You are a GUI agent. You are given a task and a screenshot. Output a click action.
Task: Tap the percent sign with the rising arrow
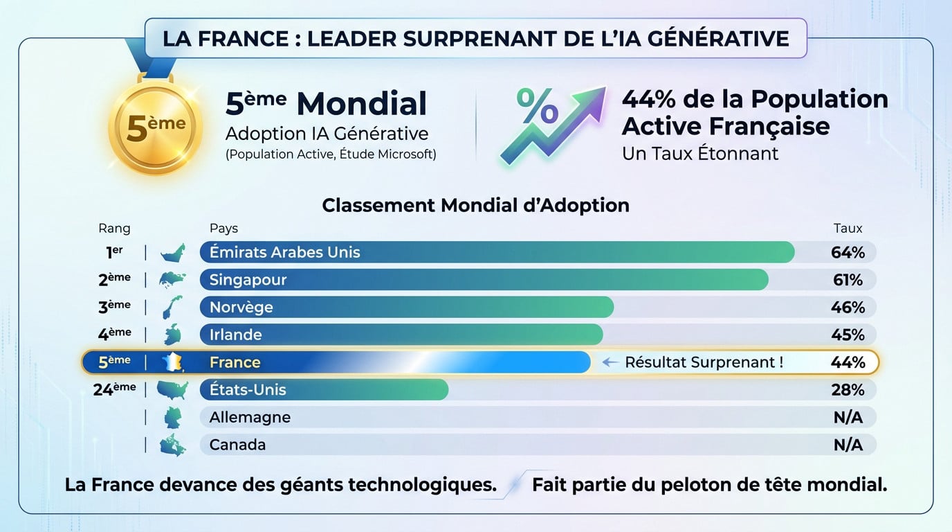(550, 123)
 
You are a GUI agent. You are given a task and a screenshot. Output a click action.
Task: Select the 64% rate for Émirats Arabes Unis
(848, 253)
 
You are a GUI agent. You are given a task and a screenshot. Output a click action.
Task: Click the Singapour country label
(248, 280)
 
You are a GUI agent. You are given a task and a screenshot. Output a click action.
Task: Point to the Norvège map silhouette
(172, 307)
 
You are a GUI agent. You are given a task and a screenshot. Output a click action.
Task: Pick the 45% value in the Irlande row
(848, 335)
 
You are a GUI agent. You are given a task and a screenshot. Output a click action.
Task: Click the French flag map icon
(172, 362)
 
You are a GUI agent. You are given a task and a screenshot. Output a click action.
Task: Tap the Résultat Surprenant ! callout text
(704, 362)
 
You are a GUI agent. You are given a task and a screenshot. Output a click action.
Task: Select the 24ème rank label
(114, 389)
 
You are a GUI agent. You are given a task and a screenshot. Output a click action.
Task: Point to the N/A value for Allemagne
(848, 418)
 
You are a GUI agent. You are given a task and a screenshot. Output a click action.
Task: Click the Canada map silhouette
(172, 445)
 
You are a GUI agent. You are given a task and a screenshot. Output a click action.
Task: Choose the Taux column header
(848, 229)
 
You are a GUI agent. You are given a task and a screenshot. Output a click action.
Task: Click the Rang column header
(114, 229)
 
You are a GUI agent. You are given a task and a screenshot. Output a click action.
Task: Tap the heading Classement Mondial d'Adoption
(475, 206)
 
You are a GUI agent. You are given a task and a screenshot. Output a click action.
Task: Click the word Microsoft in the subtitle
(407, 154)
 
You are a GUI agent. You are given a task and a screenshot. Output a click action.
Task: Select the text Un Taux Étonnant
(700, 153)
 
